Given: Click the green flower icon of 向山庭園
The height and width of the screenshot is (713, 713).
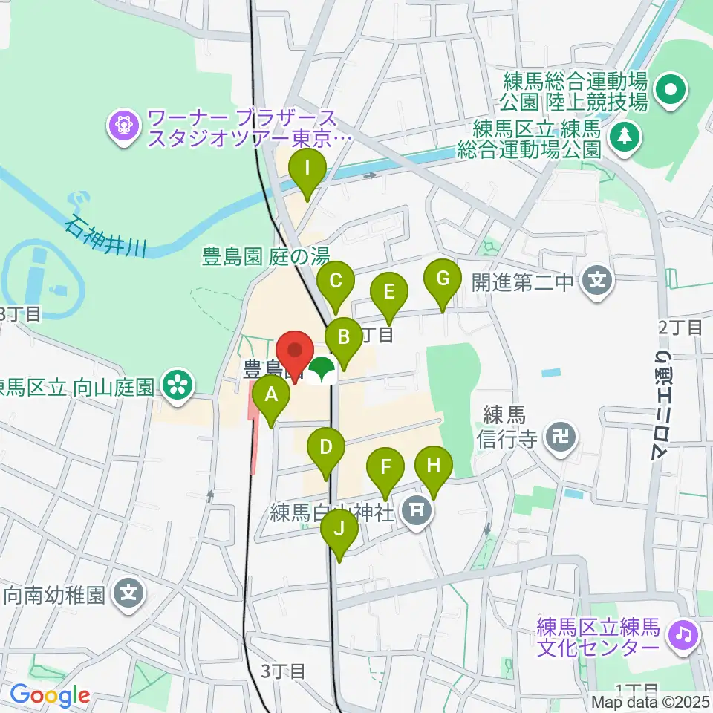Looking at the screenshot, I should tap(178, 383).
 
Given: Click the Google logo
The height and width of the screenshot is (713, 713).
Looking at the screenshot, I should tap(51, 695).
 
